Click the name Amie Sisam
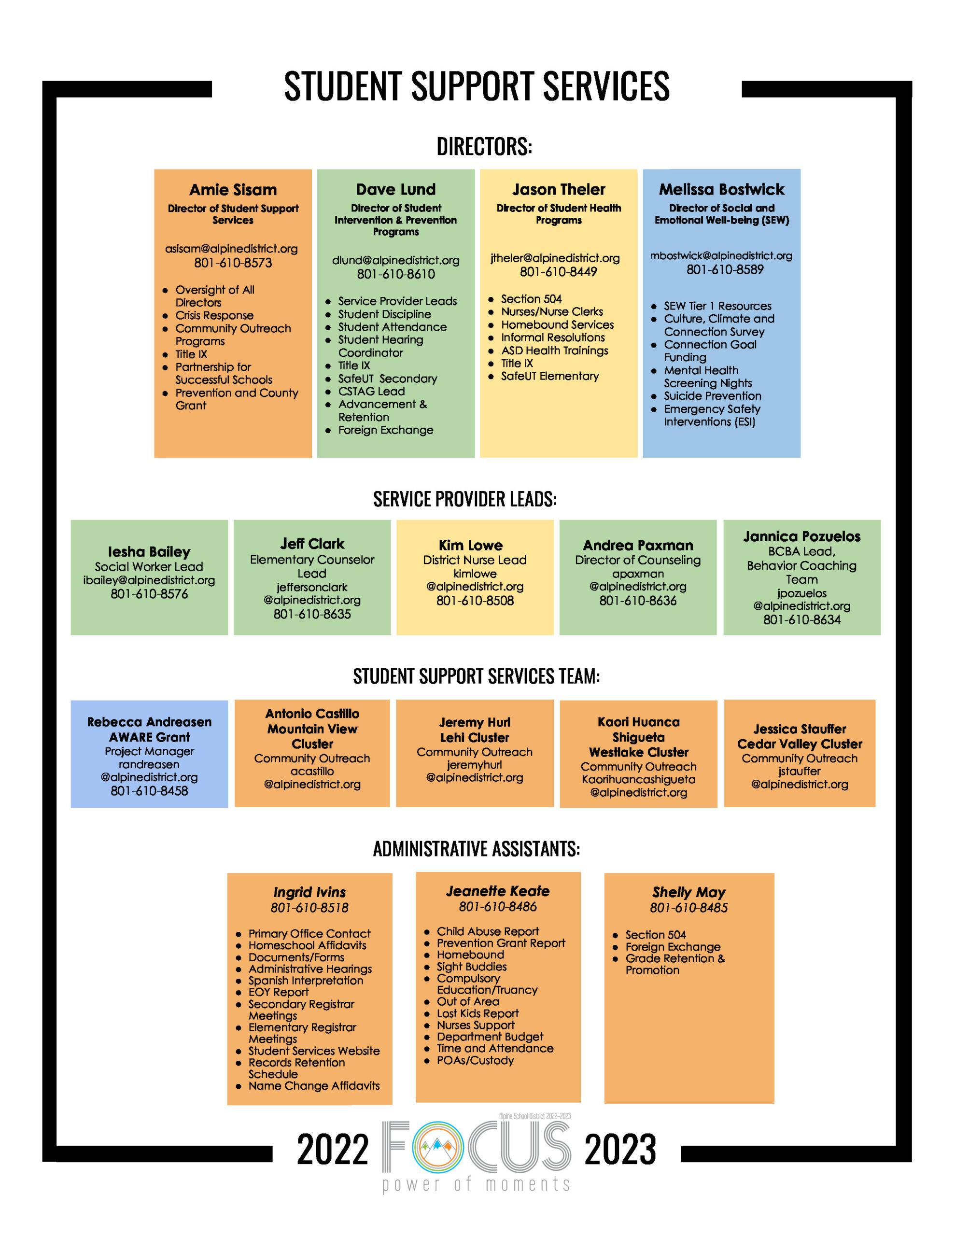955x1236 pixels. click(x=233, y=190)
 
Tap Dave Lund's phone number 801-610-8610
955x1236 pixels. click(x=396, y=274)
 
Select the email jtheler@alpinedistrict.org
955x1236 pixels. click(x=555, y=258)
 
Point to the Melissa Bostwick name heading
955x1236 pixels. click(x=721, y=189)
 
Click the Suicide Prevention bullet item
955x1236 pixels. click(x=712, y=396)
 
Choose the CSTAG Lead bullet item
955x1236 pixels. click(x=371, y=392)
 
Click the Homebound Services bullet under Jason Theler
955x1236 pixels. click(x=557, y=325)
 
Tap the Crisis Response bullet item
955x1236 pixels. click(x=214, y=316)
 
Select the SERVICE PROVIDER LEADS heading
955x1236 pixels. click(x=465, y=499)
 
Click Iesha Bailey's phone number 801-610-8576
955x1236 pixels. click(x=149, y=594)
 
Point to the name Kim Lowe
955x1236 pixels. click(x=470, y=545)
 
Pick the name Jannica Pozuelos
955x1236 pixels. click(x=801, y=536)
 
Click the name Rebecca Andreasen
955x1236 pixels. click(x=149, y=722)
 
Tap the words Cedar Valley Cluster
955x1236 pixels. click(x=800, y=744)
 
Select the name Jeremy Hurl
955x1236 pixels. click(x=475, y=722)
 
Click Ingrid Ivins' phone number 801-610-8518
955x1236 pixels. click(x=309, y=908)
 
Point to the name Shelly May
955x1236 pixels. click(x=688, y=892)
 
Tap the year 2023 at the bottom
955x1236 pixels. click(x=620, y=1150)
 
